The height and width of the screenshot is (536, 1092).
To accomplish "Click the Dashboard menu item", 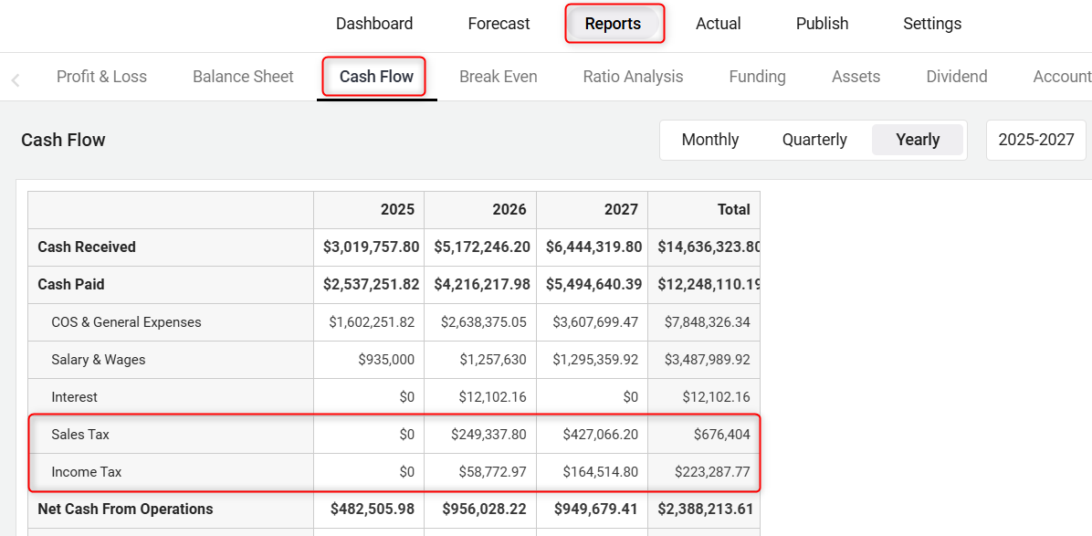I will [374, 24].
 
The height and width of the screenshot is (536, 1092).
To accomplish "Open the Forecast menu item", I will [499, 24].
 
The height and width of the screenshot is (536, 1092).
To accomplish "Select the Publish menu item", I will [822, 24].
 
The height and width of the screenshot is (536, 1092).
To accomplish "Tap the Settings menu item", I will [932, 24].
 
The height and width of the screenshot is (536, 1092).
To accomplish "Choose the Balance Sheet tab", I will [243, 77].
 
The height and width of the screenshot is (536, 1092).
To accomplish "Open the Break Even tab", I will [498, 77].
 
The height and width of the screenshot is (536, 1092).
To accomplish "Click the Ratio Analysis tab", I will [633, 77].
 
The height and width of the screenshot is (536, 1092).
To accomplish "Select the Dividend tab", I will [956, 77].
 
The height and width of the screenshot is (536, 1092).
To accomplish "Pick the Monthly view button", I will [709, 140].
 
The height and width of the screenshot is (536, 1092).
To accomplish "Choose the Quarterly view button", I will [814, 140].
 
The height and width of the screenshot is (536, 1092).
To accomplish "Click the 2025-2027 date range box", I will [1035, 140].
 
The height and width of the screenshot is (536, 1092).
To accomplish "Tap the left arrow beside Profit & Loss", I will [16, 80].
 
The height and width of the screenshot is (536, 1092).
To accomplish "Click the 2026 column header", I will [509, 209].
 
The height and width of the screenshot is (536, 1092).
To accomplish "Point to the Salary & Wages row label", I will [99, 360].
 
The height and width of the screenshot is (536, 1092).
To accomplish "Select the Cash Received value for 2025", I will [371, 247].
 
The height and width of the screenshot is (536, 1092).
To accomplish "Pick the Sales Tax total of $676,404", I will [721, 435].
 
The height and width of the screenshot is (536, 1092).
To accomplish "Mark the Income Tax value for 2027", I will [595, 472].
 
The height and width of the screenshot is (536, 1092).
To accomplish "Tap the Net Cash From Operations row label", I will [125, 510].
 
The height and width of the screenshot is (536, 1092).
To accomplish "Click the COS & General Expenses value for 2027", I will [595, 322].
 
